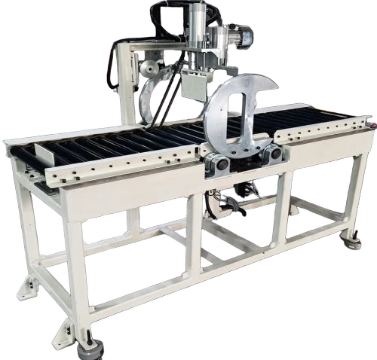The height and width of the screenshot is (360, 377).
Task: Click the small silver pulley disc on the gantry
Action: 149,69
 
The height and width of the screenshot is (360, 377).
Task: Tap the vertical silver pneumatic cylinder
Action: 198,26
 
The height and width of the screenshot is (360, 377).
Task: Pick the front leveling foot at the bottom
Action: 91,348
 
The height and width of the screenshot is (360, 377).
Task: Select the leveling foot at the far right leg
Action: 353,243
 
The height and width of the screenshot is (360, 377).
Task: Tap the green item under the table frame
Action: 155,241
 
